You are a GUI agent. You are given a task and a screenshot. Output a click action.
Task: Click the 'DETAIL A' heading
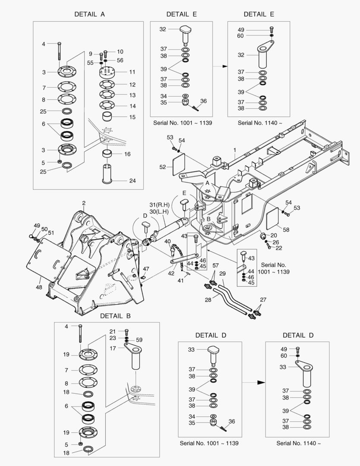tap(90, 14)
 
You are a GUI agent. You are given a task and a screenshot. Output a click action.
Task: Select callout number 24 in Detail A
tap(133, 181)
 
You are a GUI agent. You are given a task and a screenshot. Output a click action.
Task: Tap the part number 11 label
tap(132, 72)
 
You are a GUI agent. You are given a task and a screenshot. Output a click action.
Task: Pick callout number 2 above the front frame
tap(84, 202)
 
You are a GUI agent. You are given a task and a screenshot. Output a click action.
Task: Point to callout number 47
tap(146, 269)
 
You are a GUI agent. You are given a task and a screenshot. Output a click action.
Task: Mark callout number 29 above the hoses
tap(222, 274)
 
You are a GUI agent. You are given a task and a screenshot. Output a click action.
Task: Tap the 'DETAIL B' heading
tap(115, 315)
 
